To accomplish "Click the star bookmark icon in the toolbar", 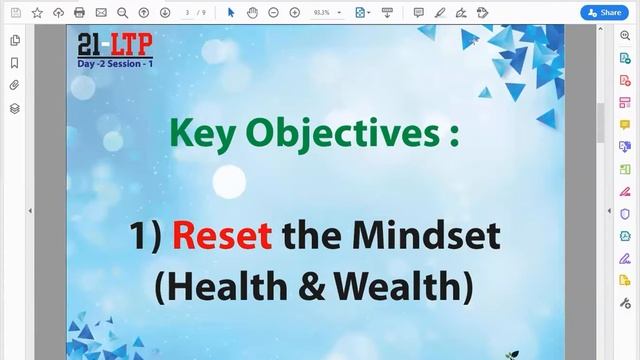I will [37, 12].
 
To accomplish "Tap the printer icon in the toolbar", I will [79, 12].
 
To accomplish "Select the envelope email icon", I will [101, 12].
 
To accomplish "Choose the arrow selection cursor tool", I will [231, 12].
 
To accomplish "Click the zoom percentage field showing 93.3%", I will [323, 12].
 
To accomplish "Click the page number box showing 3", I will [188, 12].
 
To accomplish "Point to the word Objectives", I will [335, 133].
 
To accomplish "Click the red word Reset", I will [222, 236].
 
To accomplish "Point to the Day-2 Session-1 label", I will [116, 63].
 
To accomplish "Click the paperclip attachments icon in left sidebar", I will [15, 85].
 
